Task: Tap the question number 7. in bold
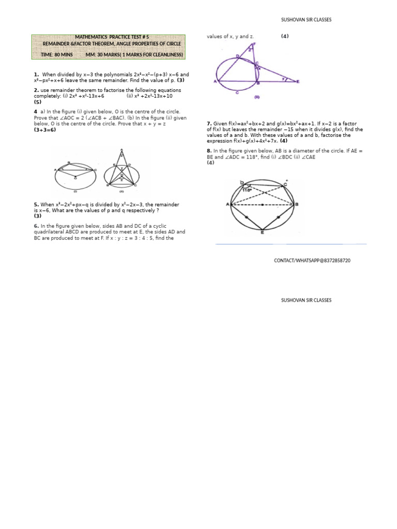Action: (209, 124)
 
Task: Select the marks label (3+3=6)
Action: (45, 130)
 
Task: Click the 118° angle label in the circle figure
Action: (250, 190)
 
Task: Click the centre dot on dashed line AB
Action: (263, 205)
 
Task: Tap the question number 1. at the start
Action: (36, 74)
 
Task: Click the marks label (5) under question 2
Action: (38, 102)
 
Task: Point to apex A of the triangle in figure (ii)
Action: (121, 151)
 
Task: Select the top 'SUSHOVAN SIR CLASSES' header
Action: (306, 20)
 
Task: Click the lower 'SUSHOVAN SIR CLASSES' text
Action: (306, 300)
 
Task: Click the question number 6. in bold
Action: (36, 226)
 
